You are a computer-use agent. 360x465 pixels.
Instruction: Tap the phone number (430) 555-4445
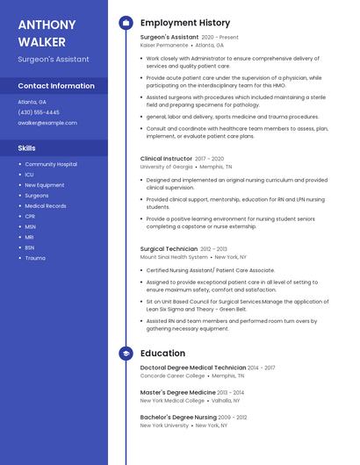39,112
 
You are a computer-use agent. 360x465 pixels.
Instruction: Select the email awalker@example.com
47,123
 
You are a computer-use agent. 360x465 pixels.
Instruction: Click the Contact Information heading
56,86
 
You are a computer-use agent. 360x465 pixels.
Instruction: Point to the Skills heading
27,148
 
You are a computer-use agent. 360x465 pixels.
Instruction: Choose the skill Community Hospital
51,164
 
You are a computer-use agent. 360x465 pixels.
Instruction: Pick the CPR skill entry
30,216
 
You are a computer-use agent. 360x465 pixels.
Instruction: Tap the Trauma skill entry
35,258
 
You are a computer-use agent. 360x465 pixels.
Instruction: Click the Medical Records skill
46,205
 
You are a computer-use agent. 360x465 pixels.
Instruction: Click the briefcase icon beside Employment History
126,23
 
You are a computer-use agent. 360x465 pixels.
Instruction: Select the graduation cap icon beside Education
126,354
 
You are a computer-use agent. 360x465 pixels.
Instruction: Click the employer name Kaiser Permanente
164,45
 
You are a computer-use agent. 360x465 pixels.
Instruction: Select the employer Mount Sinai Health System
174,257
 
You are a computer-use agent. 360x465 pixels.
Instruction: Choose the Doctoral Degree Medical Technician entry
193,368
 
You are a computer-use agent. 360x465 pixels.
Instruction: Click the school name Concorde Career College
172,376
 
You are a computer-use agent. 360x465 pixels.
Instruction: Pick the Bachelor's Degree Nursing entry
178,418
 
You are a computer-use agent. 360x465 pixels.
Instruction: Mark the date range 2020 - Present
220,38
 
